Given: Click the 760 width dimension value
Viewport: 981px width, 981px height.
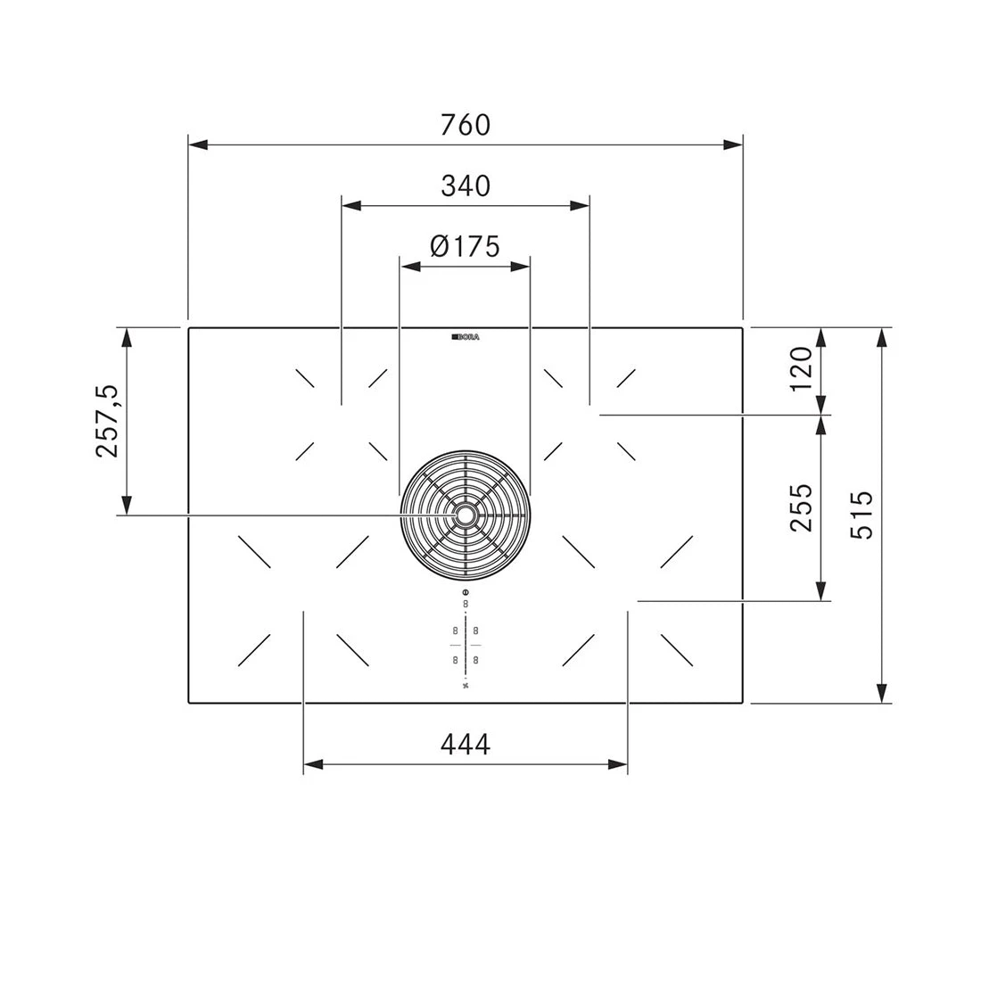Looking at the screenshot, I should [x=466, y=125].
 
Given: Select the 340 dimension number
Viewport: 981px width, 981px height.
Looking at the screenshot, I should [x=466, y=185].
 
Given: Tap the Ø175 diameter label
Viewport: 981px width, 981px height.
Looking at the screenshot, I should [x=465, y=245].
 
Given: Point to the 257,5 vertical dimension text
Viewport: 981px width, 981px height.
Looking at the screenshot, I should [x=107, y=421].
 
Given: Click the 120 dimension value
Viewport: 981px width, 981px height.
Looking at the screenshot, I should [x=801, y=368].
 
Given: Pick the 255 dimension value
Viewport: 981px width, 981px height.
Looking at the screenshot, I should [x=801, y=507].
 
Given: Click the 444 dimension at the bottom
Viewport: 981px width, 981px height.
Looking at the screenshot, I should [x=466, y=743].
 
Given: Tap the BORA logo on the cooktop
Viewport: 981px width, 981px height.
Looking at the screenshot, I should [x=466, y=337].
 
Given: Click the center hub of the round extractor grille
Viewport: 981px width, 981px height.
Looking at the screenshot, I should [x=466, y=515].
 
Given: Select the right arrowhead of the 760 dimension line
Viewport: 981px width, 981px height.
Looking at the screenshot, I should [x=733, y=144].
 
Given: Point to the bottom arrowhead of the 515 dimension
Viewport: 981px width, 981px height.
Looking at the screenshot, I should [x=881, y=693].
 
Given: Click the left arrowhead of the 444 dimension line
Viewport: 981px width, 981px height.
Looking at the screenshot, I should [x=313, y=764].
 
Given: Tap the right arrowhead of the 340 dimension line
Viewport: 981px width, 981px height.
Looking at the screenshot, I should [x=580, y=206].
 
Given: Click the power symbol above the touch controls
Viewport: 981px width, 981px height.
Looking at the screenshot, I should [x=466, y=593].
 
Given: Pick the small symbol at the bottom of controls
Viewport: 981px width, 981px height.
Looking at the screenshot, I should [x=466, y=687].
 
